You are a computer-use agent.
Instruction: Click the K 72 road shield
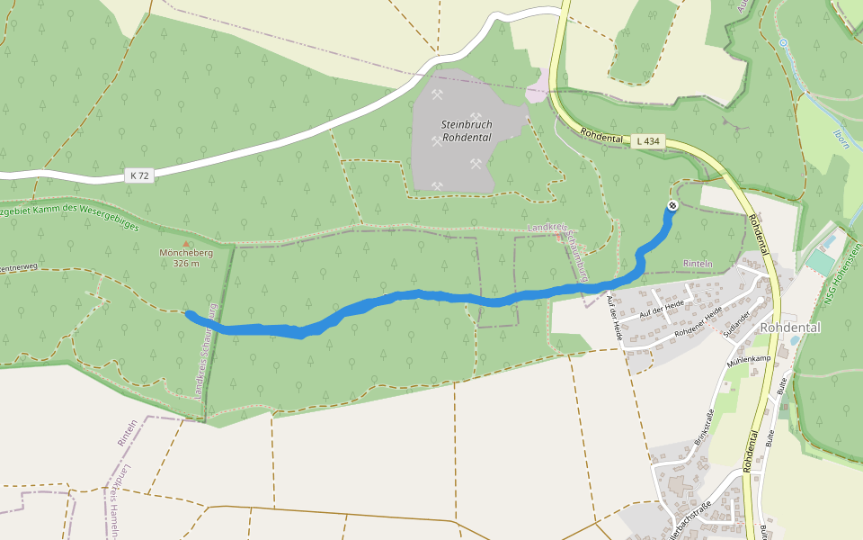pos(138,176)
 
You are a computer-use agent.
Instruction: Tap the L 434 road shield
pos(648,141)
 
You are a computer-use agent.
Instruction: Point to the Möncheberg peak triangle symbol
pos(187,243)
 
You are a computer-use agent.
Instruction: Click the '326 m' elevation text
pos(186,264)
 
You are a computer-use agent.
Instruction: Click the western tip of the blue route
pos(188,313)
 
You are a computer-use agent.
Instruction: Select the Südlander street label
pos(739,321)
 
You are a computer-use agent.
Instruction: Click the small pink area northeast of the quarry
pos(538,90)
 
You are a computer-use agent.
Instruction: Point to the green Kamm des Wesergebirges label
pos(72,215)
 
